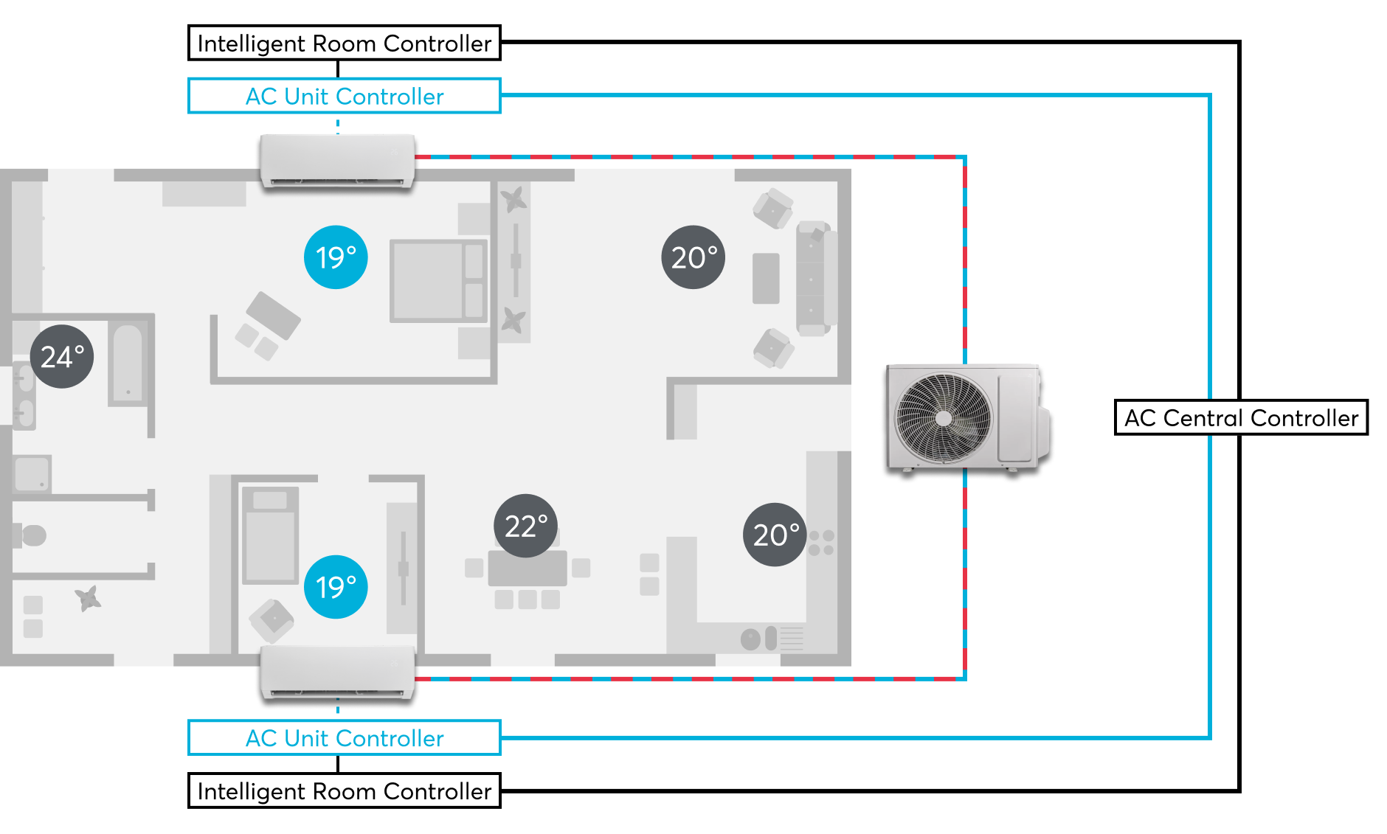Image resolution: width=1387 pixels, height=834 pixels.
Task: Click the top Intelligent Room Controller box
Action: pos(344,44)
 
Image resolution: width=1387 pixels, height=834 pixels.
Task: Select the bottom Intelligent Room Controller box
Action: pos(344,790)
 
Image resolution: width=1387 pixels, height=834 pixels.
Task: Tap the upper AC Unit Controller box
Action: pos(344,96)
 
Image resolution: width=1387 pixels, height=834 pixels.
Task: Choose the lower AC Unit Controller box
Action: pos(344,737)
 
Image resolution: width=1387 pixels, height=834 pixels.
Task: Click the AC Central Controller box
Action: pos(1241,417)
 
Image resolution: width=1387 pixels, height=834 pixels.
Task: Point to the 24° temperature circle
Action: pos(62,356)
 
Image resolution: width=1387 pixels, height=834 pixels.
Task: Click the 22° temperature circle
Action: pos(525,525)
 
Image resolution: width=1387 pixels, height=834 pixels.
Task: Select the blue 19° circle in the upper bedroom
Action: pos(336,257)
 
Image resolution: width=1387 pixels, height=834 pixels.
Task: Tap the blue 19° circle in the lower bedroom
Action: pos(336,586)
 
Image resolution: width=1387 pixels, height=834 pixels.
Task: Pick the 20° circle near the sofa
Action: pos(693,257)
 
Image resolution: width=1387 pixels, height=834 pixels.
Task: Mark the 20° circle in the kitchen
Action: pos(775,535)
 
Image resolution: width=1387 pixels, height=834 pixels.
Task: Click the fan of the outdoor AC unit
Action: pos(943,418)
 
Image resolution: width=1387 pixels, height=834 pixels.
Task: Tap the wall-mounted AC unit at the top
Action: pos(337,160)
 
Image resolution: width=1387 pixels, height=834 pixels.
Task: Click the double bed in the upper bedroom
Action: pos(438,280)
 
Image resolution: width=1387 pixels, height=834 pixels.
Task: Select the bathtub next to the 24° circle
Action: pos(128,364)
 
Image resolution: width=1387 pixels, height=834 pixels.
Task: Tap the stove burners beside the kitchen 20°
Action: pos(821,543)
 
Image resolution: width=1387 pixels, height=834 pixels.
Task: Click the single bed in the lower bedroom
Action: pos(270,535)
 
